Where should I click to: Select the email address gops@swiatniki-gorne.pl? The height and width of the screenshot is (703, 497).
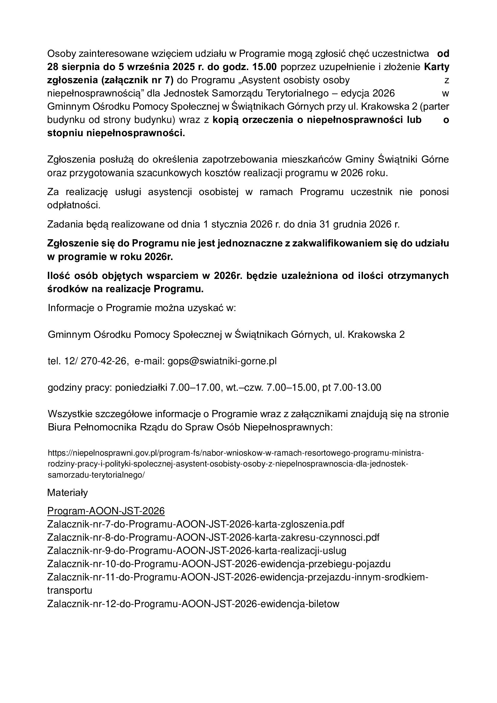pos(222,361)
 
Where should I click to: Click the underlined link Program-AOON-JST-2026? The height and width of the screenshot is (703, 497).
pos(106,511)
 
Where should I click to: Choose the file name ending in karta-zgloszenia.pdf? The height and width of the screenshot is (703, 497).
pos(196,524)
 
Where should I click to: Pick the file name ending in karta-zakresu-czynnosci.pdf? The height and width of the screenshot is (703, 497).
pos(213,537)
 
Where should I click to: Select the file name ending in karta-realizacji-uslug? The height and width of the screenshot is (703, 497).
pos(197,551)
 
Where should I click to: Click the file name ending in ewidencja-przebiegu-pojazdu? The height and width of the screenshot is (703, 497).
pos(218,564)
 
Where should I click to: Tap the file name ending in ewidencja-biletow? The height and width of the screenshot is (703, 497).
pos(193,604)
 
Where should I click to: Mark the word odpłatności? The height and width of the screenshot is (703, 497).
pos(73,205)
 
